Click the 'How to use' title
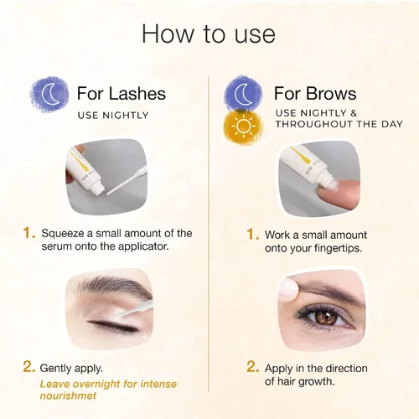click(x=209, y=34)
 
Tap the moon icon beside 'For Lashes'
click(x=49, y=94)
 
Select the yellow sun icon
click(x=243, y=127)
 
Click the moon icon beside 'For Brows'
click(x=243, y=93)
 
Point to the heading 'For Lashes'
click(x=122, y=93)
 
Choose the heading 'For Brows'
click(x=315, y=93)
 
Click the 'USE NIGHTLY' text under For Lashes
click(x=113, y=116)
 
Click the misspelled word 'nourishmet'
click(x=68, y=396)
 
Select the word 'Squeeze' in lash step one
click(x=63, y=234)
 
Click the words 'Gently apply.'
click(x=71, y=369)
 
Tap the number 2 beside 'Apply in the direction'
click(x=252, y=367)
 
